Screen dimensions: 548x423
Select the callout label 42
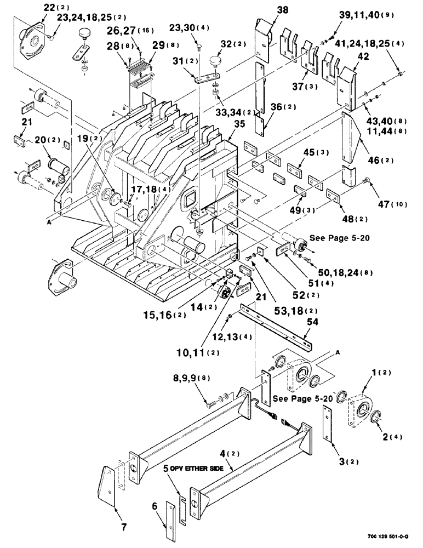pyautogui.click(x=348, y=56)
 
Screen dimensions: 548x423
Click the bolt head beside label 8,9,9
pyautogui.click(x=211, y=404)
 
